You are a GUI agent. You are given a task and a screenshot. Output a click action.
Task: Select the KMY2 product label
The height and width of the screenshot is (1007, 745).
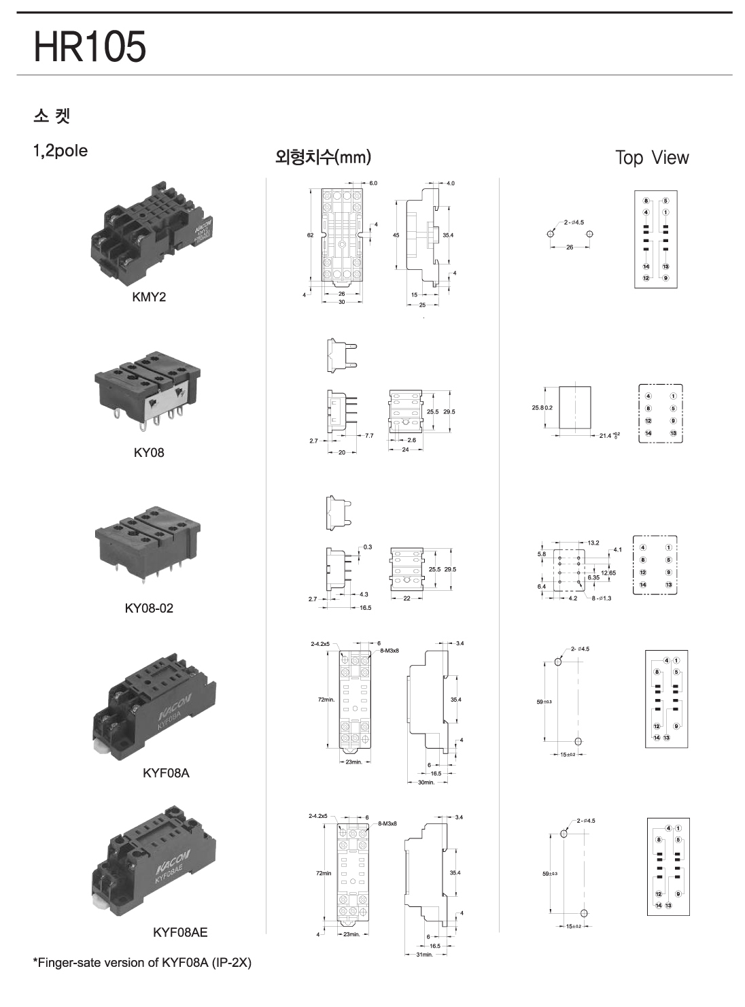click(149, 297)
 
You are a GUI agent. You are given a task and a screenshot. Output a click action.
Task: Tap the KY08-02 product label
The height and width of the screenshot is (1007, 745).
click(149, 608)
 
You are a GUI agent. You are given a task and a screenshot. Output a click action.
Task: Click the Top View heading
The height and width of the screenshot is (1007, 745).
click(651, 158)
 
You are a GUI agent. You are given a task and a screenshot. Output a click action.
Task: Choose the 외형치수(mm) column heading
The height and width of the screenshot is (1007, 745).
click(322, 157)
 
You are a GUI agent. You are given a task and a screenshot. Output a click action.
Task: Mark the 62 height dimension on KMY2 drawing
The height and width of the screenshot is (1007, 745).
click(310, 235)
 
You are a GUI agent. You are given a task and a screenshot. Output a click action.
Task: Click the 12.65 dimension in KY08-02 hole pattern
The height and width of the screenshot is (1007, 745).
click(608, 573)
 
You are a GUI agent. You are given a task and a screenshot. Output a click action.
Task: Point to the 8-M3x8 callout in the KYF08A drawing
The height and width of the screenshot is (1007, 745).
click(389, 651)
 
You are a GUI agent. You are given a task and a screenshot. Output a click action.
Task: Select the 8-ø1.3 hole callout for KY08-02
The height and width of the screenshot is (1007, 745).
click(602, 598)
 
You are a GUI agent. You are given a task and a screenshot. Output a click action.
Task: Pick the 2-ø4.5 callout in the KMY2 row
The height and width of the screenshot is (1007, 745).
click(573, 222)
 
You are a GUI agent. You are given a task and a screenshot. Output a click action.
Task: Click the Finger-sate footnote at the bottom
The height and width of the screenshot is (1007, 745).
click(142, 963)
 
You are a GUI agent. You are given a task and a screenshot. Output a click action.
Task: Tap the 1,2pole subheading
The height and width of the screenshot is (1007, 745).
click(60, 151)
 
